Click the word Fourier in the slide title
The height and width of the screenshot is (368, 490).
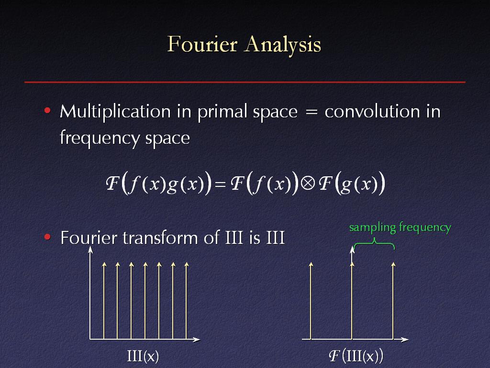point(202,44)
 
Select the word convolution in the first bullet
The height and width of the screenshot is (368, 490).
point(372,111)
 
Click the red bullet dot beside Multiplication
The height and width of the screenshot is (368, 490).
point(47,111)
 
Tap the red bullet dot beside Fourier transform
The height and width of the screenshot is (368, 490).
point(47,237)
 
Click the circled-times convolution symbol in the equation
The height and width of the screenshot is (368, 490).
point(308,184)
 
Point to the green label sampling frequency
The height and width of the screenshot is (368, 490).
point(400,228)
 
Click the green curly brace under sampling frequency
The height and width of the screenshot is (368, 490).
point(374,243)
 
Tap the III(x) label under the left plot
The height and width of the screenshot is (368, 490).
point(143,356)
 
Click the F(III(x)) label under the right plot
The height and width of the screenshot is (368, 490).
point(356,356)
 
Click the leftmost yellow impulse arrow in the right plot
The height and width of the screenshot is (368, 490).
point(311,301)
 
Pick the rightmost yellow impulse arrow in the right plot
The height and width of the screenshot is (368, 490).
point(393,301)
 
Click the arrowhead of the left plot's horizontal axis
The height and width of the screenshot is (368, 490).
point(197,340)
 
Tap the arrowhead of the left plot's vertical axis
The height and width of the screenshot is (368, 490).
point(90,249)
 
